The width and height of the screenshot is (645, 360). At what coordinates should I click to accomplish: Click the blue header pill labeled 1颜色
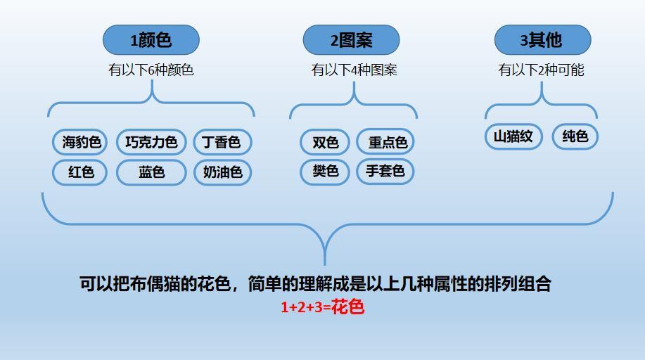click(x=151, y=40)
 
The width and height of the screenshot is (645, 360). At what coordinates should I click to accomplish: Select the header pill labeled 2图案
click(x=351, y=40)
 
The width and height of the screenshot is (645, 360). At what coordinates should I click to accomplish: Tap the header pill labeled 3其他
click(x=542, y=40)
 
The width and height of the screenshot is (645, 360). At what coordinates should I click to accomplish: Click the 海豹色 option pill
click(x=79, y=142)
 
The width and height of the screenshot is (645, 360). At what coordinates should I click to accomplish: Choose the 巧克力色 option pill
click(x=151, y=142)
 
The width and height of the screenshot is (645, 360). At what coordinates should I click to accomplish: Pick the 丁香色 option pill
click(x=222, y=142)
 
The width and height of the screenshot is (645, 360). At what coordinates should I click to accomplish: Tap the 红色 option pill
click(x=79, y=172)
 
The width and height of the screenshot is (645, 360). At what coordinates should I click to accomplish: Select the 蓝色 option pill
click(x=151, y=172)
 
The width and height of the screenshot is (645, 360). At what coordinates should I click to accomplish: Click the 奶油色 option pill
click(x=222, y=172)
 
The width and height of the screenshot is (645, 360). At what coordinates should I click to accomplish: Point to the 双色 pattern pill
click(x=325, y=142)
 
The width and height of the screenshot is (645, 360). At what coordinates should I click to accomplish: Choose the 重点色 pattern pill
click(x=385, y=142)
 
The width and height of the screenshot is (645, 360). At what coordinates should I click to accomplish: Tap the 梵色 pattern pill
click(x=325, y=171)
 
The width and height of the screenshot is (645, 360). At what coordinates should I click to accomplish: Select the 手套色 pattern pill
click(x=385, y=171)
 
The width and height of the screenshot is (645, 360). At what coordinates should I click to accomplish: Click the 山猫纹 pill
click(x=513, y=136)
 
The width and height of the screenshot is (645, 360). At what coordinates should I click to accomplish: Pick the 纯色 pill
click(x=575, y=136)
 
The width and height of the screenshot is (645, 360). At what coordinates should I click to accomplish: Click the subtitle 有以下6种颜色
click(x=151, y=70)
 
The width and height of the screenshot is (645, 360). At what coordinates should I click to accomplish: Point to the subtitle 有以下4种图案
click(x=355, y=70)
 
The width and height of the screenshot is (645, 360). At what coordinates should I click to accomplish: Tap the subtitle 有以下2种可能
click(x=542, y=70)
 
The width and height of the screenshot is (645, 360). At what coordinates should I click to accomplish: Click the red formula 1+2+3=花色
click(x=322, y=307)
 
